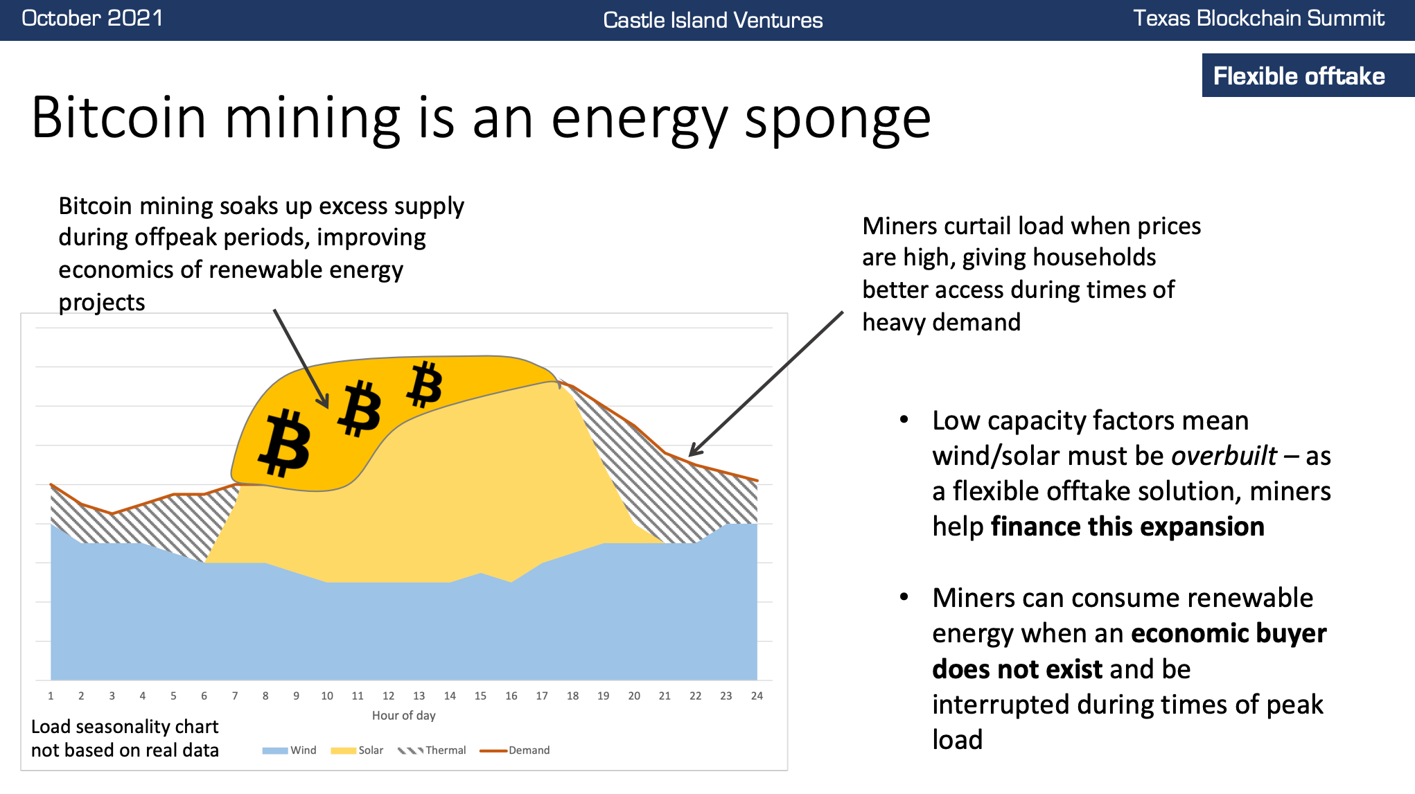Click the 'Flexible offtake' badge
click(x=1299, y=76)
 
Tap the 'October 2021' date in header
click(x=92, y=18)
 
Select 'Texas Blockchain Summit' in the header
click(x=1258, y=18)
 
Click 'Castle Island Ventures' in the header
click(x=712, y=20)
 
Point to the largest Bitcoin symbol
click(x=285, y=443)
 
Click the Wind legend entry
click(x=290, y=750)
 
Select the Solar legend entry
click(x=358, y=750)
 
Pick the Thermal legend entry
click(x=432, y=750)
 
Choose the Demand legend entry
click(x=516, y=750)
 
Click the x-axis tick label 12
click(x=388, y=696)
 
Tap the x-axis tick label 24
click(x=757, y=696)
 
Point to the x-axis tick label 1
click(x=51, y=696)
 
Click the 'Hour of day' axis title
click(x=403, y=716)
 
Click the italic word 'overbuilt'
click(x=1224, y=456)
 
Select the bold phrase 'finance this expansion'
click(x=1127, y=527)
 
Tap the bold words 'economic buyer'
click(x=1228, y=633)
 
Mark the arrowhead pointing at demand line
click(x=694, y=451)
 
